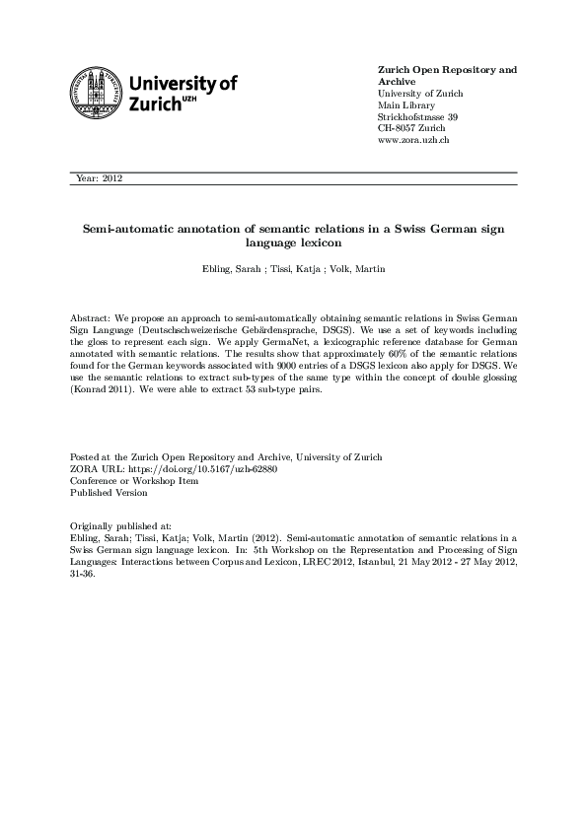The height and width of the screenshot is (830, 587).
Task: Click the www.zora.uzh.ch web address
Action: point(414,141)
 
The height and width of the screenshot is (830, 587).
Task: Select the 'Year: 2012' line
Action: point(98,178)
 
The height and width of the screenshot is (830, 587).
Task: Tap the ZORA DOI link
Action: point(198,469)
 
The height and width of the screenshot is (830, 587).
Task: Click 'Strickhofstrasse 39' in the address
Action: point(418,117)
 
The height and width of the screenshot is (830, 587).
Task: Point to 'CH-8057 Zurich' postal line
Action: point(410,129)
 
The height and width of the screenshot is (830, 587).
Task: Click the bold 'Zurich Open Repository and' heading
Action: point(447,70)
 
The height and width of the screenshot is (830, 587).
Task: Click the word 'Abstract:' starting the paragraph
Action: point(92,319)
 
